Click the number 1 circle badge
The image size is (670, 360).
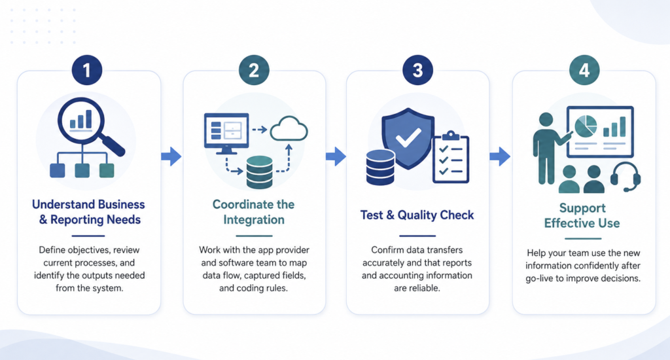[87, 70]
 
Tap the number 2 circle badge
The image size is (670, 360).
[254, 70]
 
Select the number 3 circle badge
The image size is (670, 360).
[417, 70]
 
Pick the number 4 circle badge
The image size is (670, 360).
[584, 70]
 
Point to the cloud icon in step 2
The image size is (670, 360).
[289, 129]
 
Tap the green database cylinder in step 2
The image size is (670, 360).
[259, 172]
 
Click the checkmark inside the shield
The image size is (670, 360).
[408, 137]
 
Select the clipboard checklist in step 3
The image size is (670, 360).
[451, 157]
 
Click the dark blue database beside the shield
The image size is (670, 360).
[380, 167]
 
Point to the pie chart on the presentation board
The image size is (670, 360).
[586, 126]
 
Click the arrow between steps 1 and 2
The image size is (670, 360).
[171, 156]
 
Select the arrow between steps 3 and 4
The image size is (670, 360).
[500, 156]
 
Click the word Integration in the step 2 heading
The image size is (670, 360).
[254, 220]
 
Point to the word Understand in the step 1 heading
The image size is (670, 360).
[63, 204]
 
